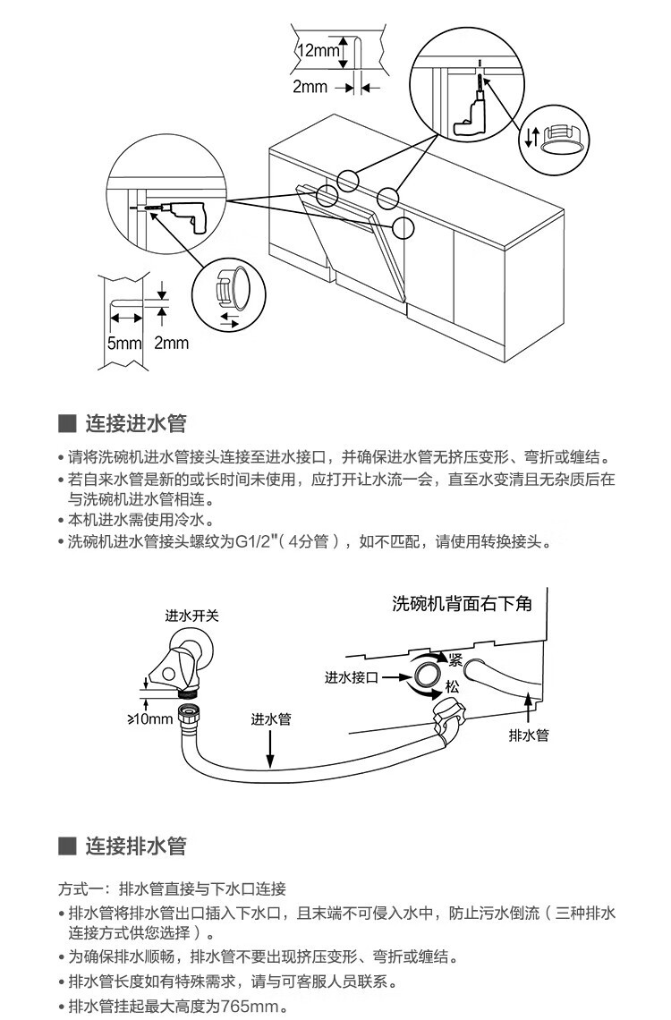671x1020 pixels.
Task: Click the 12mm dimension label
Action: coord(319,50)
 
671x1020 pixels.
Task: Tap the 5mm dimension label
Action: coord(124,343)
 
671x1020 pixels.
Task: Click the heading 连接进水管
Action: coord(135,423)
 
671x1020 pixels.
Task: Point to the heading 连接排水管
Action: coord(135,846)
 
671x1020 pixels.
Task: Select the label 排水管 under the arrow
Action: coord(528,735)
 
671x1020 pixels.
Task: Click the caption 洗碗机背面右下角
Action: coord(462,603)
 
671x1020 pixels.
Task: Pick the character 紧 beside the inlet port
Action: coord(454,660)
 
